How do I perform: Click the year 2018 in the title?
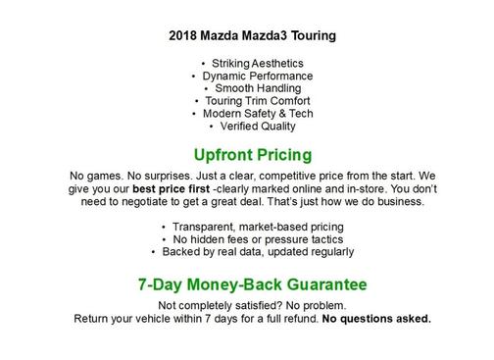[182, 36]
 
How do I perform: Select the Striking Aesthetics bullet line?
[251, 63]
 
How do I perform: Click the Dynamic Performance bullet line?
[251, 76]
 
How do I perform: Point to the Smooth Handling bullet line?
[251, 88]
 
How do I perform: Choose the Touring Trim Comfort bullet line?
[251, 101]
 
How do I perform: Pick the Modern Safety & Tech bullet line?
[251, 114]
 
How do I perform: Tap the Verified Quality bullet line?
[251, 127]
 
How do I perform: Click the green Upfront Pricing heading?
[252, 154]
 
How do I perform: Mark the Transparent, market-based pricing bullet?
[252, 226]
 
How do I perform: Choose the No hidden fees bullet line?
[252, 238]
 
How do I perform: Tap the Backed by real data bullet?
[252, 251]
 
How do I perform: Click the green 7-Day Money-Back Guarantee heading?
[252, 285]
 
